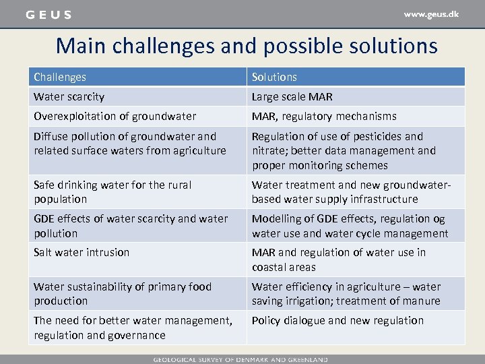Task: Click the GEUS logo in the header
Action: tap(48, 14)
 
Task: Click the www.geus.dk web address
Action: tap(431, 14)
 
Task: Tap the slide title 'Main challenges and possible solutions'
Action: tap(247, 46)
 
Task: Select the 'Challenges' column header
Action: tap(60, 77)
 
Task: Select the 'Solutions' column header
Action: tap(274, 77)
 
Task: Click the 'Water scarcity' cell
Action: tap(69, 97)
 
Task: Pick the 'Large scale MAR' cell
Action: tap(292, 97)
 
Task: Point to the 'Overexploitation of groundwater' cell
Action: tap(115, 116)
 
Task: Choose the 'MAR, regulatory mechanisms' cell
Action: tap(324, 116)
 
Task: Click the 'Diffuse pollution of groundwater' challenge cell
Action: tap(130, 144)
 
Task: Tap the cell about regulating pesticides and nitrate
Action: tap(344, 150)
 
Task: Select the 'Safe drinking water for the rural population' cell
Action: tap(112, 191)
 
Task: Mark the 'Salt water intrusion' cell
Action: tap(82, 252)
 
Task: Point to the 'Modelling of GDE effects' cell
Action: tap(349, 226)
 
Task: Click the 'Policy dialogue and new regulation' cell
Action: tap(337, 320)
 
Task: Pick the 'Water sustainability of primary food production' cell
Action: tap(123, 293)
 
